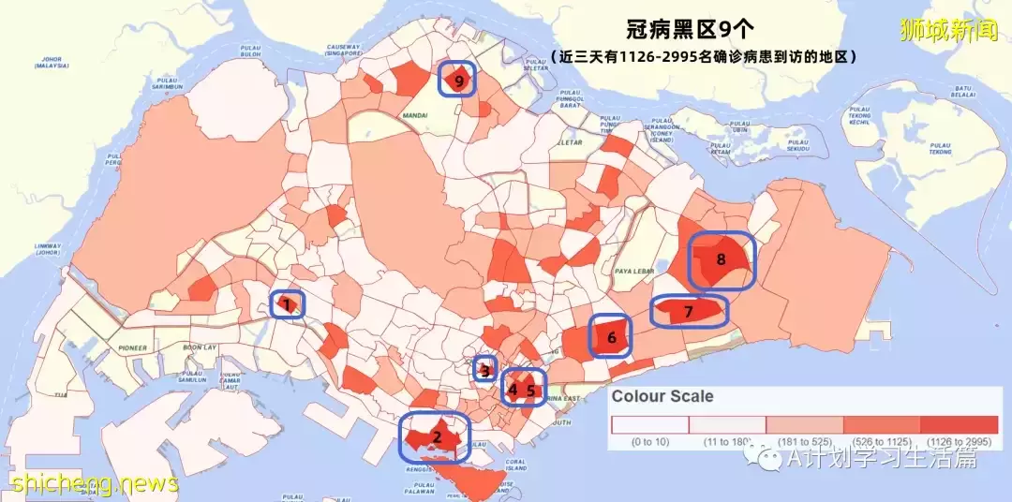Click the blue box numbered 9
tap(457, 80)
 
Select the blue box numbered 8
tap(722, 260)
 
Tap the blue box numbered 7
tap(690, 311)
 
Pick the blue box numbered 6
tap(610, 336)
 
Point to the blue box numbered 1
tap(287, 303)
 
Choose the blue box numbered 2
tap(436, 436)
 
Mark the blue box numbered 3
tap(484, 370)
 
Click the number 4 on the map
tap(513, 389)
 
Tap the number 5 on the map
tap(530, 390)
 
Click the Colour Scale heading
tap(662, 396)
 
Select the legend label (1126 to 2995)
tap(959, 440)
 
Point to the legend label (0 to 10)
tap(649, 440)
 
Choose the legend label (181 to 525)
tap(804, 440)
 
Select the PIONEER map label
tap(132, 347)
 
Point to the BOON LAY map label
tap(198, 347)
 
